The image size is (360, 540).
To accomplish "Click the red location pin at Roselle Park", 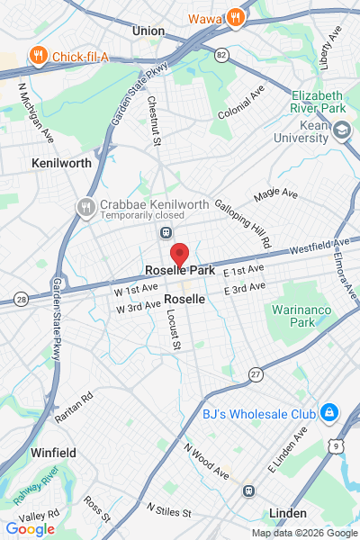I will [179, 255].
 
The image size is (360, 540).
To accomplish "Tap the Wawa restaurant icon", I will [235, 17].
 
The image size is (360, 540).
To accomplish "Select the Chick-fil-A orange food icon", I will [37, 57].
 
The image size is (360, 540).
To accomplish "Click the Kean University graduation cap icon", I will [342, 131].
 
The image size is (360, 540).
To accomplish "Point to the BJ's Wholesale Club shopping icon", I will [329, 413].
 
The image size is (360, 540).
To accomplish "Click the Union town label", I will [148, 31].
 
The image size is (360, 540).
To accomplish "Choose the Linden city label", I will [288, 513].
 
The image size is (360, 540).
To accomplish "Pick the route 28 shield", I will [20, 298].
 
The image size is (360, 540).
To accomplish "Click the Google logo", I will [30, 528].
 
